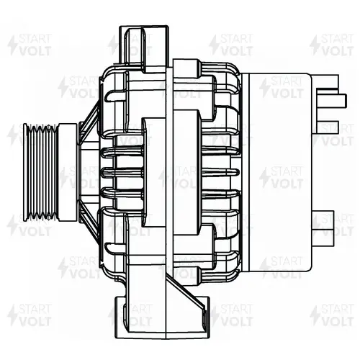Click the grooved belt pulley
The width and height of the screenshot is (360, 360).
[x=41, y=172]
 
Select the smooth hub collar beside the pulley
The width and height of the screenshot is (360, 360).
[x=68, y=172]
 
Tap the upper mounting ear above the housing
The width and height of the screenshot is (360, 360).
[x=144, y=49]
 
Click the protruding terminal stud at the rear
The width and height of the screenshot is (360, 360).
[x=332, y=100]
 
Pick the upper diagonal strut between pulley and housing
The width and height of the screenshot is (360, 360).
[x=90, y=121]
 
